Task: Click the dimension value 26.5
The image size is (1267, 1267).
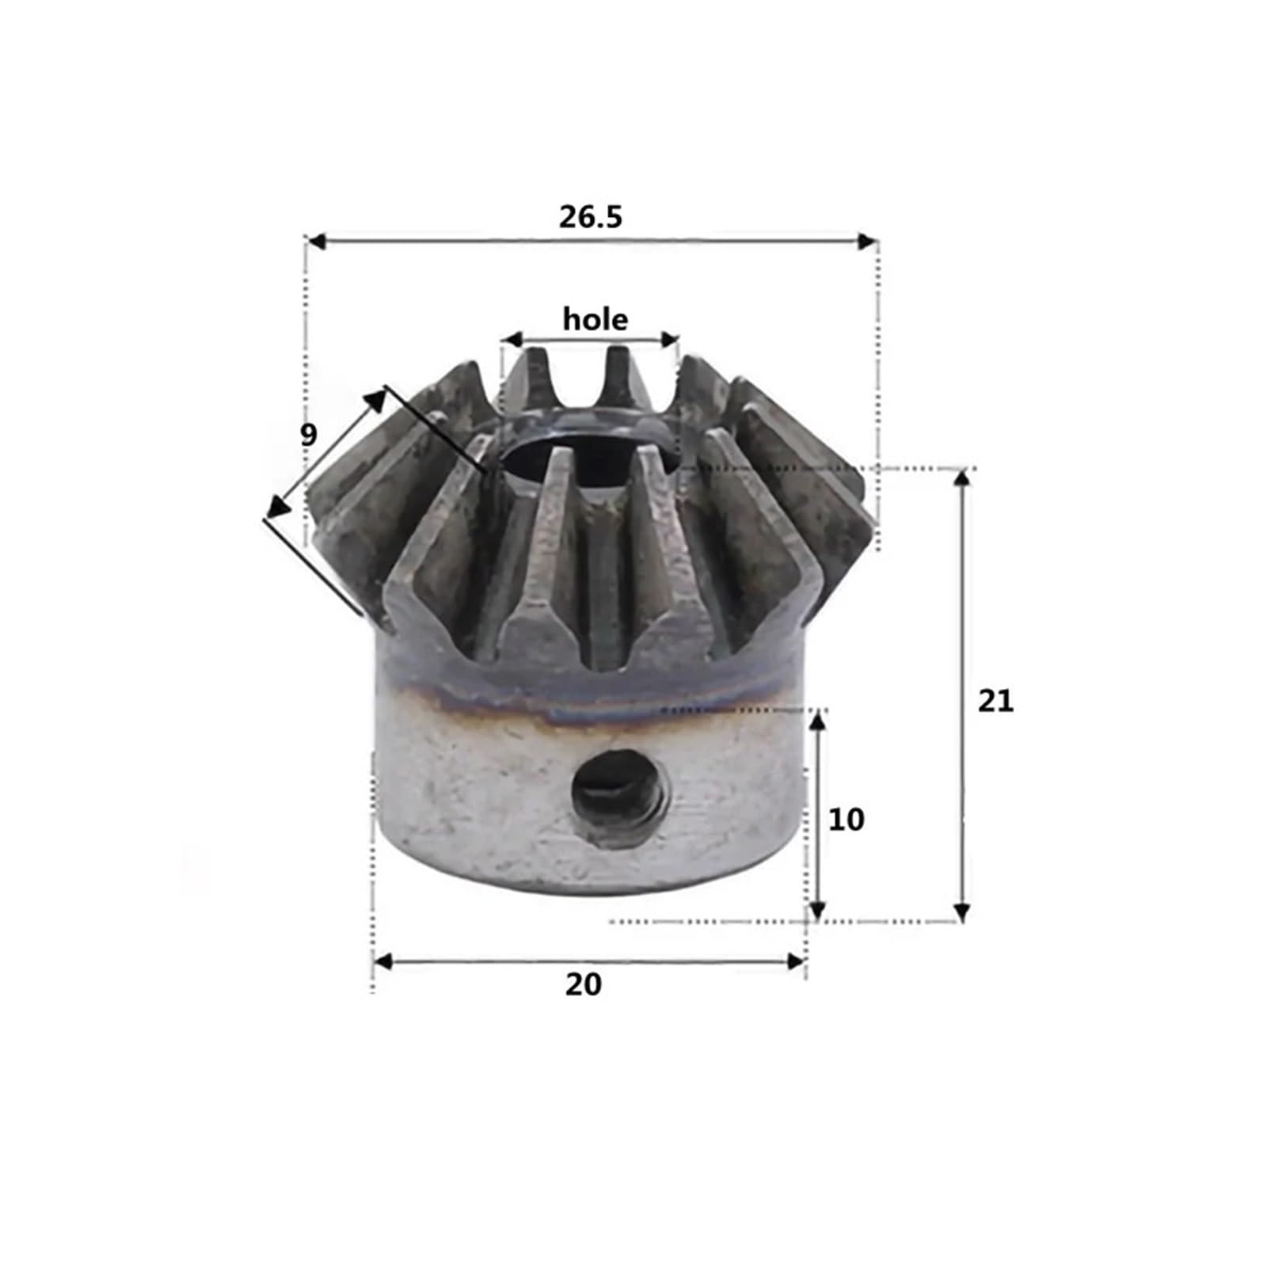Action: [591, 216]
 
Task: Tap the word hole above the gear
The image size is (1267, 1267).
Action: [595, 319]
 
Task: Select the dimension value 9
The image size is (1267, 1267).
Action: [308, 434]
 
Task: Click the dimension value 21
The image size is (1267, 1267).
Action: [995, 701]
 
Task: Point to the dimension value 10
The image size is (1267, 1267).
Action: [846, 820]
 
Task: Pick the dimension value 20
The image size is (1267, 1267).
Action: [583, 984]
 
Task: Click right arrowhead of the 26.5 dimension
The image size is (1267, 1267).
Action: [866, 242]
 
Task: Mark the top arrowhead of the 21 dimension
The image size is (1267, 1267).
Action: [961, 478]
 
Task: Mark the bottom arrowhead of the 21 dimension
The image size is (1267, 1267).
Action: [961, 913]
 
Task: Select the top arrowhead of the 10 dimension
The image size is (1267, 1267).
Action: [819, 721]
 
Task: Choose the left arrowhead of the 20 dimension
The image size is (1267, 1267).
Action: [382, 962]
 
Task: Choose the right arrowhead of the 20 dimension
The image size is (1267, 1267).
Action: [795, 962]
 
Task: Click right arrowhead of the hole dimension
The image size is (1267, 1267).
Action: [671, 341]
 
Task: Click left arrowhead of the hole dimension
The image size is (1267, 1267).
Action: [512, 341]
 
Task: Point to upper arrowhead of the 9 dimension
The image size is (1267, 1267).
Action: [375, 398]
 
